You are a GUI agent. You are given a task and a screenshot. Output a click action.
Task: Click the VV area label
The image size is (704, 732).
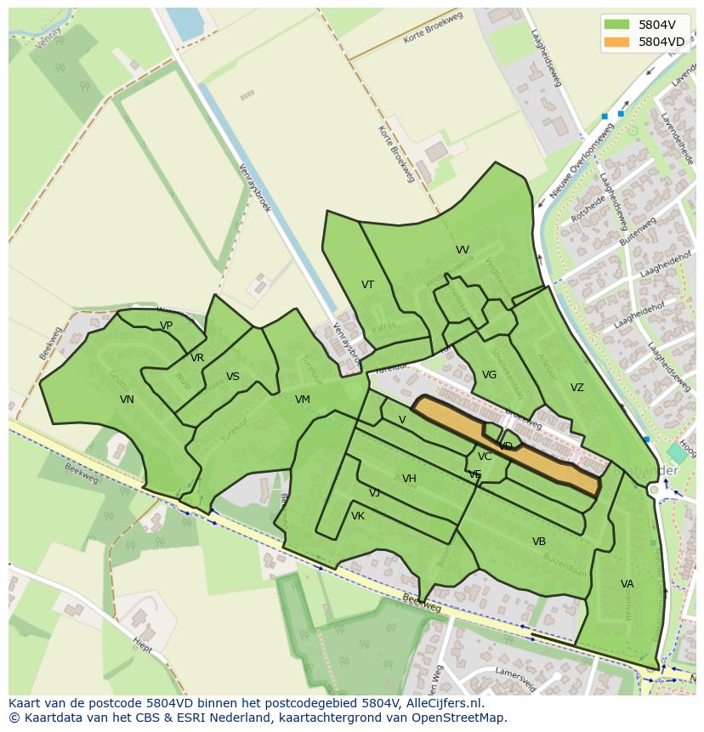462,250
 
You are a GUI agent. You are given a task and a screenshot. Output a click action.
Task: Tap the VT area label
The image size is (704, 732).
367,285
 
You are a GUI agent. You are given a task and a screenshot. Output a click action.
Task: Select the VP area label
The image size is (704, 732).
166,326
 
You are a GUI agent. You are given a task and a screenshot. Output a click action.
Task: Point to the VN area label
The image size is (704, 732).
127,400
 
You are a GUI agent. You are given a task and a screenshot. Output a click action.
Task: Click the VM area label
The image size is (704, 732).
303,400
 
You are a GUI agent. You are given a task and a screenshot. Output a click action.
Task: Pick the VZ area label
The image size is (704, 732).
577,388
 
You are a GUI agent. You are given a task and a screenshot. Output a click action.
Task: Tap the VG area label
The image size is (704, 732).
489,375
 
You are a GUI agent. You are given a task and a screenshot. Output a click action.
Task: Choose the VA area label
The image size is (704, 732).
627,584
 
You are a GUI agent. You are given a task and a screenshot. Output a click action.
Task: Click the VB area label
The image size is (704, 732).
539,542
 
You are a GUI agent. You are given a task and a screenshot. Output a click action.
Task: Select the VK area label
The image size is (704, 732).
358,516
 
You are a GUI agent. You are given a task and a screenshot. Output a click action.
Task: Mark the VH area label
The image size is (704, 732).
409,479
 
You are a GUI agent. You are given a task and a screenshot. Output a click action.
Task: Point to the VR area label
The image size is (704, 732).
197,358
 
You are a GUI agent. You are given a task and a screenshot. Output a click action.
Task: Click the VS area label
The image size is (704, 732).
233,377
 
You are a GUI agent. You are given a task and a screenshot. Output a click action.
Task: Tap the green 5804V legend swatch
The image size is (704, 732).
617,25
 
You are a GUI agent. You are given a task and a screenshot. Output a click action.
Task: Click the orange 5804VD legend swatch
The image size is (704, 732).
617,42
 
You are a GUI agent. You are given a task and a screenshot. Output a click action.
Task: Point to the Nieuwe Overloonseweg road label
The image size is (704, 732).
582,162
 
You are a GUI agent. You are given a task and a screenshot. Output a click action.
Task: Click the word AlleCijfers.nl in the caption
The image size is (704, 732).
442,703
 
